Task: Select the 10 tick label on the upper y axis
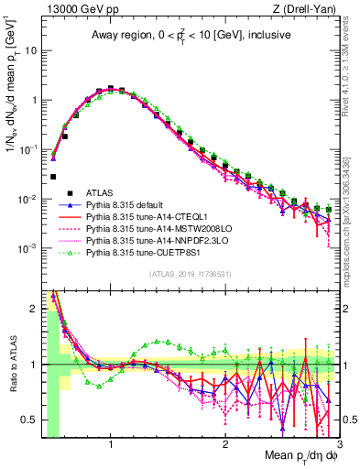point(30,51)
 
